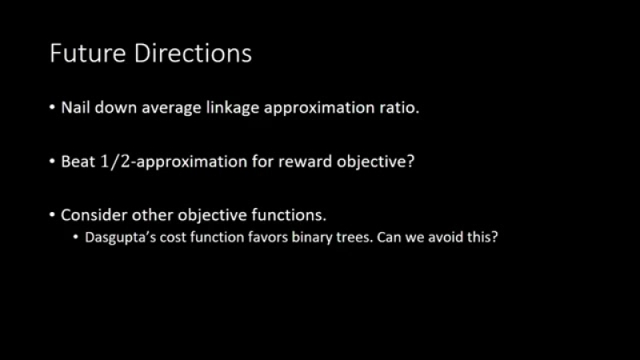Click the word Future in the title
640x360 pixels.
click(88, 53)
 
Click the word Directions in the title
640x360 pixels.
click(193, 53)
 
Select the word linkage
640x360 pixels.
click(232, 108)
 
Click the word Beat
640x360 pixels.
click(78, 162)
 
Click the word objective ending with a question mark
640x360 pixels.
click(375, 162)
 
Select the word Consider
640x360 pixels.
click(94, 214)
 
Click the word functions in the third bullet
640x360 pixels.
click(289, 214)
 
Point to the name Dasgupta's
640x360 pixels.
click(121, 238)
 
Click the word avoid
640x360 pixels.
click(446, 237)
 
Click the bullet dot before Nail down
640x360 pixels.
click(52, 107)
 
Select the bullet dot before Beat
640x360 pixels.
click(52, 162)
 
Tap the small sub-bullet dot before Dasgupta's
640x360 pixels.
click(76, 237)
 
